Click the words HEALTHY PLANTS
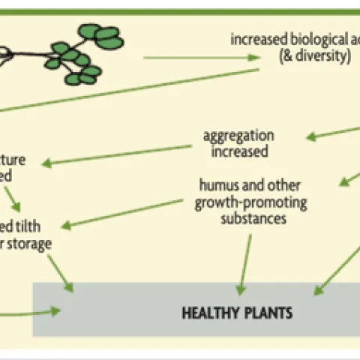coord(236,311)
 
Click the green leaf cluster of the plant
coord(86,52)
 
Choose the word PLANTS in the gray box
coord(265,311)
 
